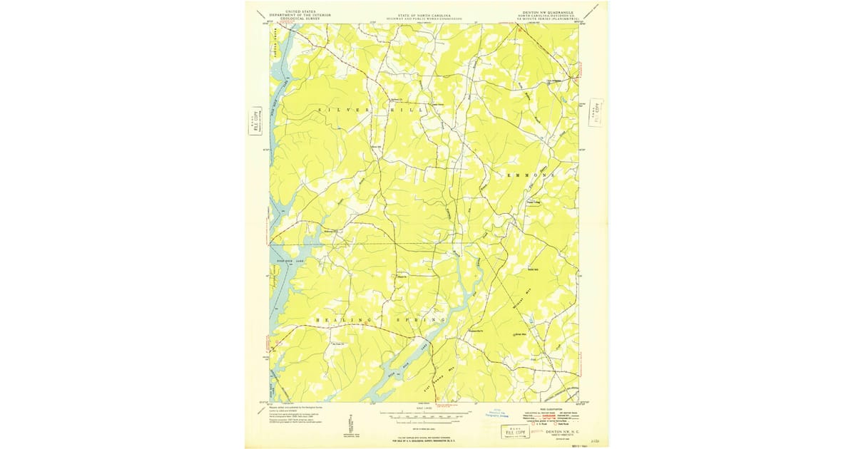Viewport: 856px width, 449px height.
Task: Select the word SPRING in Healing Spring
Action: point(421,321)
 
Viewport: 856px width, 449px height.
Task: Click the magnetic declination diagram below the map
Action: point(350,423)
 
